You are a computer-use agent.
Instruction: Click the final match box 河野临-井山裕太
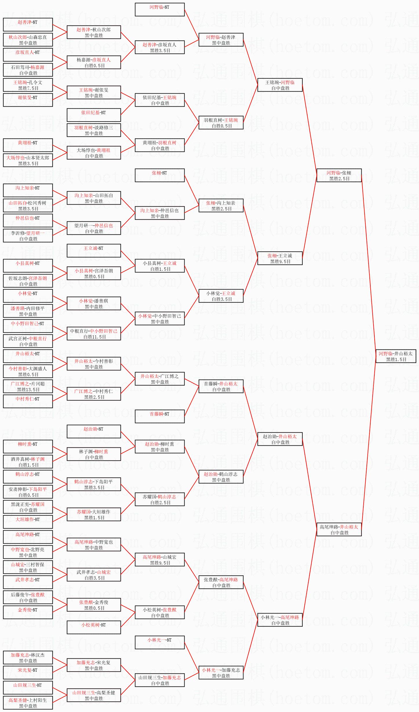pos(396,356)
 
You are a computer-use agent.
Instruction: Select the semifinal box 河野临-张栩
pos(339,175)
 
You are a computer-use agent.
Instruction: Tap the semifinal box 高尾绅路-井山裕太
pos(339,529)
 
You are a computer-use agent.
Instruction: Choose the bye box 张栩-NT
pos(160,175)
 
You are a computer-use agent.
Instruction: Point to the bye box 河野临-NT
pos(160,10)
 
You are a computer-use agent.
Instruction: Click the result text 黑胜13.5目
pos(28,390)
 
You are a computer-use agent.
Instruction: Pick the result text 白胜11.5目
pos(94,337)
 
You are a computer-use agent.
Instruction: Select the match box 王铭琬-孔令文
pos(28,85)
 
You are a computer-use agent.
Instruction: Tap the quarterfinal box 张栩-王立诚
pos(280,258)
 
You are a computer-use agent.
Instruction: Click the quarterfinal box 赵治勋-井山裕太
pos(280,439)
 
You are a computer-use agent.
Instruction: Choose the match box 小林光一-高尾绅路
pos(280,620)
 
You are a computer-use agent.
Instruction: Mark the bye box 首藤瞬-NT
pos(160,416)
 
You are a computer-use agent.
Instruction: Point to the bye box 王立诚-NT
pos(94,251)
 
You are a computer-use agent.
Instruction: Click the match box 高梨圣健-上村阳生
pos(28,703)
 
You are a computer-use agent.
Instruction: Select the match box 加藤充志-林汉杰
pos(28,658)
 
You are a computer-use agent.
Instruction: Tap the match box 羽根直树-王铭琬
pos(221,123)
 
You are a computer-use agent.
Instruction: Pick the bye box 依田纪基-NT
pos(94,115)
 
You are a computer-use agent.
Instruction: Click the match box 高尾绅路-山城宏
pos(160,560)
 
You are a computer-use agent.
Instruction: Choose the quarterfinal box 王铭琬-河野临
pos(280,85)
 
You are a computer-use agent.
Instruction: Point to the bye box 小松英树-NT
pos(94,627)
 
